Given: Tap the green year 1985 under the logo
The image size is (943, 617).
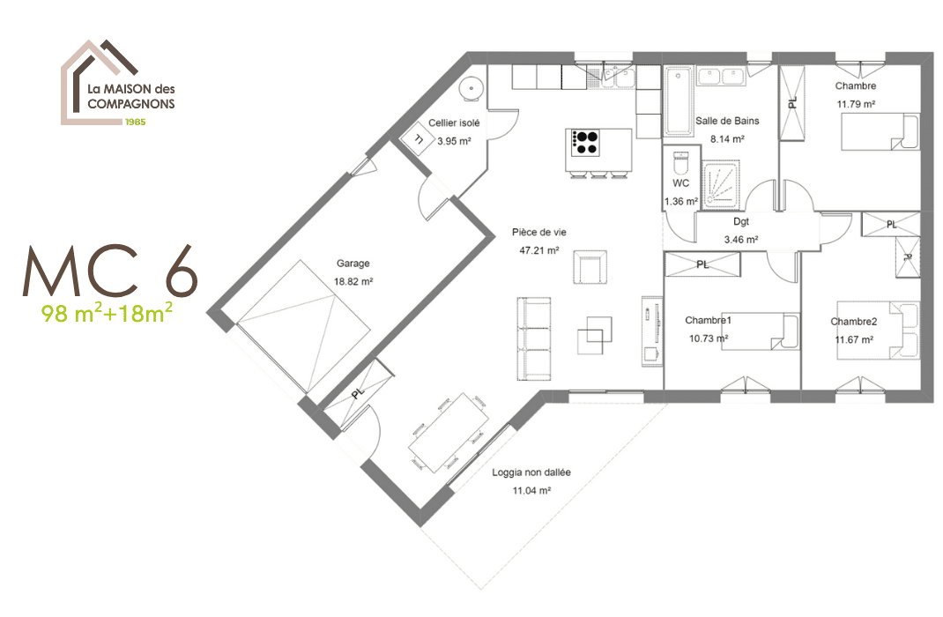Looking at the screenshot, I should [135, 121].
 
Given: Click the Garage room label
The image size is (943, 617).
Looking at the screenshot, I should [353, 263].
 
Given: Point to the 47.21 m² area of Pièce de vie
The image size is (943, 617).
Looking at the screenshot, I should [539, 250].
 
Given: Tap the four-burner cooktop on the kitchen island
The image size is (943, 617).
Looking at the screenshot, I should [586, 142].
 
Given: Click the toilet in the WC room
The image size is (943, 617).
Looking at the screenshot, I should [679, 165].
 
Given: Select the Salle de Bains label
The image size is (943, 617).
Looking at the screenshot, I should [727, 121].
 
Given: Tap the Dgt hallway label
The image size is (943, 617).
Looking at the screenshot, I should [740, 222].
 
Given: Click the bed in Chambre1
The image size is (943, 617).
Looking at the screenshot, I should [760, 331].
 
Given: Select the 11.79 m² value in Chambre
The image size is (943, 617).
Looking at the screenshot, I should [855, 104].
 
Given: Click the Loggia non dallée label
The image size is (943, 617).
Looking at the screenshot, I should [531, 472].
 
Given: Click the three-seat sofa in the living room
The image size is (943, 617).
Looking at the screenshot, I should [532, 338].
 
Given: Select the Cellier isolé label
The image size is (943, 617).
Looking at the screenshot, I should [454, 123].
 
